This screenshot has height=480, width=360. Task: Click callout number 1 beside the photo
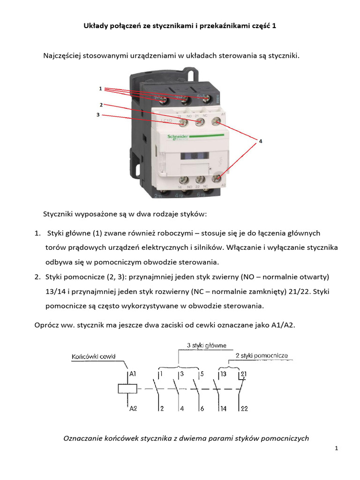click(x=100, y=88)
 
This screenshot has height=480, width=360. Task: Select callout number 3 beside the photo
click(x=98, y=114)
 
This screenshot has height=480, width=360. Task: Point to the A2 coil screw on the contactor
click(x=216, y=178)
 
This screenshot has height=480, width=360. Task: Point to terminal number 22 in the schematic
click(x=244, y=409)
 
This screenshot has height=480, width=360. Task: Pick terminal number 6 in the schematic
click(x=202, y=409)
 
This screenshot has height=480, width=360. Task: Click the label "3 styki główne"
click(x=206, y=345)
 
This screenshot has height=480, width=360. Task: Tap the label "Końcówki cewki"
click(x=94, y=356)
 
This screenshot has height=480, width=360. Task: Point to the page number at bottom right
click(x=337, y=449)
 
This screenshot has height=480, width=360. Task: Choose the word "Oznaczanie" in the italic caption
click(x=82, y=439)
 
